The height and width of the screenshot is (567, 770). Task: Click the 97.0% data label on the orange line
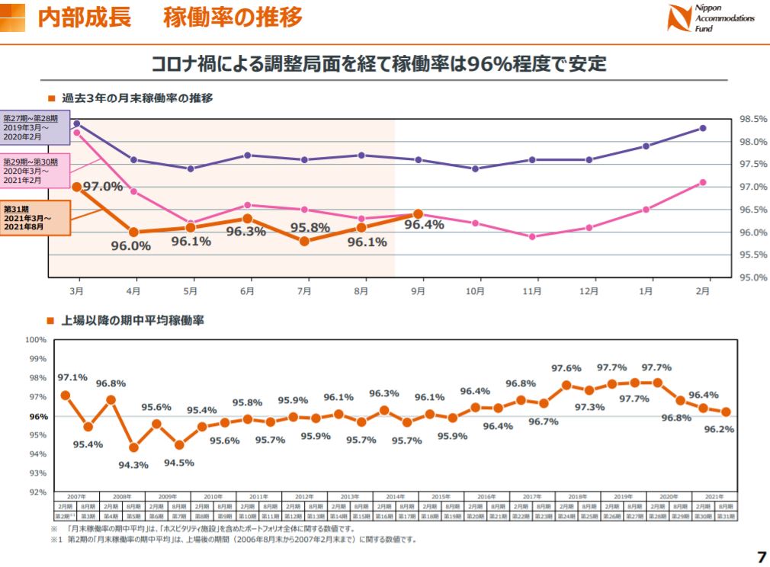pyautogui.click(x=102, y=187)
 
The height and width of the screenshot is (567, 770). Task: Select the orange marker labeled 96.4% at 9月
pyautogui.click(x=418, y=214)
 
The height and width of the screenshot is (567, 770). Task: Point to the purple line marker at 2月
pyautogui.click(x=703, y=128)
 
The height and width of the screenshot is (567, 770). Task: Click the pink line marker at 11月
pyautogui.click(x=532, y=236)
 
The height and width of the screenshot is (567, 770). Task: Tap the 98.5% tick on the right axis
pyautogui.click(x=752, y=120)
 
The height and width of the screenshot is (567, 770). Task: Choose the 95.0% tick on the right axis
pyautogui.click(x=752, y=277)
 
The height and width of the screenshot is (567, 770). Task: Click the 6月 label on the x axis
pyautogui.click(x=247, y=291)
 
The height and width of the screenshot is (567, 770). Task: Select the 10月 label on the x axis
pyautogui.click(x=475, y=291)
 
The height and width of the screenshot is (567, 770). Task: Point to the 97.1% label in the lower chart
pyautogui.click(x=72, y=377)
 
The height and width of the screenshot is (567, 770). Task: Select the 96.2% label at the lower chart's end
pyautogui.click(x=720, y=429)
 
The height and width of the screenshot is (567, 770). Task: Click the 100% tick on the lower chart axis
pyautogui.click(x=37, y=340)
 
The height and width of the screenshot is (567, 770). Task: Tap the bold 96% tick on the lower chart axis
pyautogui.click(x=39, y=416)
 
